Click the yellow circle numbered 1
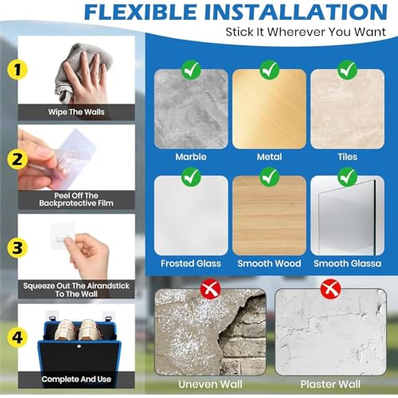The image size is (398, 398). pyautogui.click(x=18, y=70)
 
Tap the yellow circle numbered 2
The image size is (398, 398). pyautogui.click(x=18, y=159)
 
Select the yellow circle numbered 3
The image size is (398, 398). pyautogui.click(x=18, y=248)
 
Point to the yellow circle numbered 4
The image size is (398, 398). pyautogui.click(x=18, y=338)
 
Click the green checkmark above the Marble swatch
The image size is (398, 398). pyautogui.click(x=191, y=70)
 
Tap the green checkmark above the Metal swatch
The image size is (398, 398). pyautogui.click(x=269, y=70)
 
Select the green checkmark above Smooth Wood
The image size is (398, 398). pyautogui.click(x=269, y=177)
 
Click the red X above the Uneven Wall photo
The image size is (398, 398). pyautogui.click(x=210, y=289)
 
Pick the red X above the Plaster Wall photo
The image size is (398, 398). pyautogui.click(x=330, y=289)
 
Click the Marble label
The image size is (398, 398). pyautogui.click(x=191, y=157)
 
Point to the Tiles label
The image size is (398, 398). pyautogui.click(x=347, y=157)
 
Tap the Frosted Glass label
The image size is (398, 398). pyautogui.click(x=191, y=263)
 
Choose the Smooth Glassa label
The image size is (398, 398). pyautogui.click(x=347, y=263)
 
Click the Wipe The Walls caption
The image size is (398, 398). pyautogui.click(x=76, y=112)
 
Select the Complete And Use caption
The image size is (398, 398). pyautogui.click(x=76, y=379)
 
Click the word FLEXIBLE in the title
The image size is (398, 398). pyautogui.click(x=141, y=12)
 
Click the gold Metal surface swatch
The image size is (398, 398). pyautogui.click(x=269, y=109)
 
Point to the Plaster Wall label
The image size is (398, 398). pyautogui.click(x=330, y=384)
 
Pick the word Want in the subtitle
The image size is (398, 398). pyautogui.click(x=370, y=32)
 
